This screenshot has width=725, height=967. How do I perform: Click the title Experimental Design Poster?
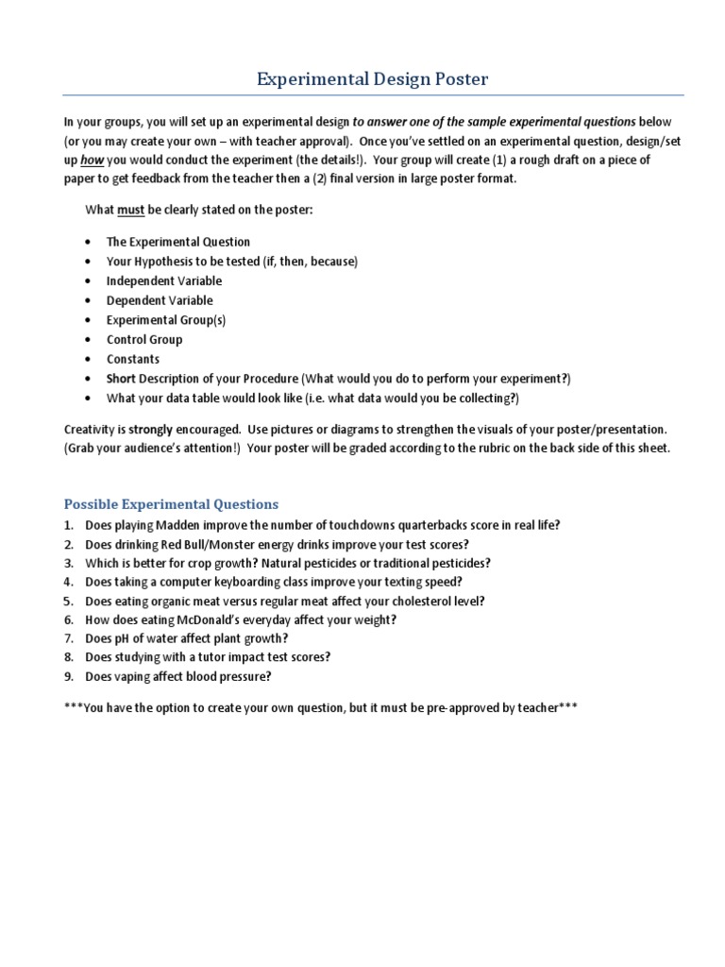click(x=373, y=79)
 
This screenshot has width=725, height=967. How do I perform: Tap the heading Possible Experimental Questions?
click(x=171, y=504)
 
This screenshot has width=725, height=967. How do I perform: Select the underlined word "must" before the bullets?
click(x=130, y=210)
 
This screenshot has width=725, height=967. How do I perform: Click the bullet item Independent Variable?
click(x=164, y=280)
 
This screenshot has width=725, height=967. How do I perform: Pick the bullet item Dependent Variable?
click(x=160, y=300)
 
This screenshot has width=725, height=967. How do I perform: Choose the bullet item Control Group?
click(x=144, y=339)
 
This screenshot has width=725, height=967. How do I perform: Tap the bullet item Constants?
click(x=133, y=359)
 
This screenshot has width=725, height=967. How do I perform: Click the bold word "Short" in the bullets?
click(x=122, y=379)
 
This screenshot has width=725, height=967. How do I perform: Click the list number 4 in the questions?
click(x=68, y=582)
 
